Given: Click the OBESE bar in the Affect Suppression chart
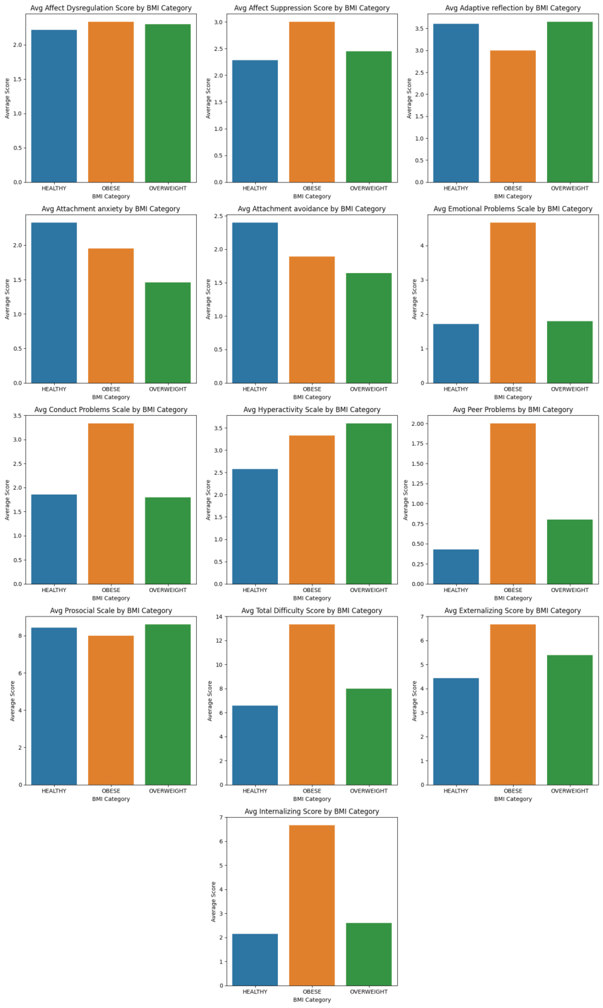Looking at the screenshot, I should point(312,102).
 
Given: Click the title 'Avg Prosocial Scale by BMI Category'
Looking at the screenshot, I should point(111,610).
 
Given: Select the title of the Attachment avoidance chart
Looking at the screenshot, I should point(312,209).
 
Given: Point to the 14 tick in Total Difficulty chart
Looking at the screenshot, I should point(219,617).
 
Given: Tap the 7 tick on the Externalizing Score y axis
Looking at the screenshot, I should point(422,617).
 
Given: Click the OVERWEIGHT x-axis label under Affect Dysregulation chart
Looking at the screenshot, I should point(167,188).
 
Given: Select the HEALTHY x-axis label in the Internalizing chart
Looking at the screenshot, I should point(255,992).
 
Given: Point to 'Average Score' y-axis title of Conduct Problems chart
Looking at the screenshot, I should point(7,500).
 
